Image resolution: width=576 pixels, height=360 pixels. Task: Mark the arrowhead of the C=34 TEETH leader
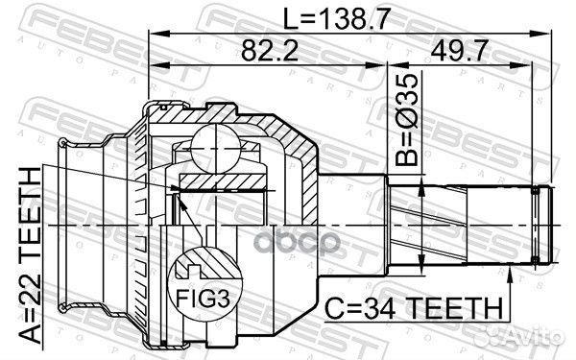point(509,271)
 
